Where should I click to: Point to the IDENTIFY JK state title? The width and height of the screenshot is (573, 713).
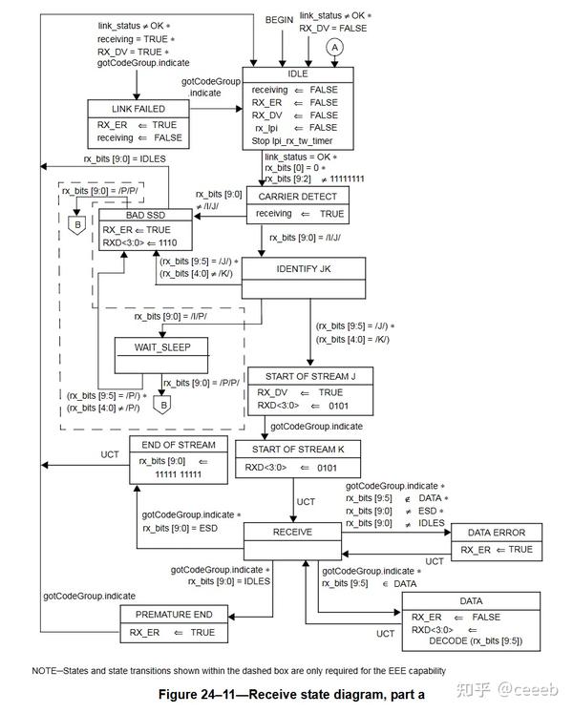[x=304, y=268]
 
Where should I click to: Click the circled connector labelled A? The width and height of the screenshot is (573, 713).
[x=334, y=46]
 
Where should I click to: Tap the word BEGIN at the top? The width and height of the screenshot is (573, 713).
[x=280, y=19]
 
